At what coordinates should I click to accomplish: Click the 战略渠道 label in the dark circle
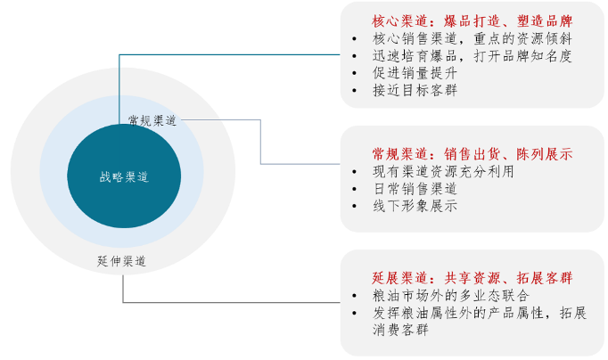point(124,177)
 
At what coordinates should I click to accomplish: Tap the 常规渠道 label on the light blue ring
point(152,120)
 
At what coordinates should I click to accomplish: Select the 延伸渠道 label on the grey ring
point(122,261)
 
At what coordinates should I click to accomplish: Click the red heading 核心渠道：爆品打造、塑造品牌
point(472,20)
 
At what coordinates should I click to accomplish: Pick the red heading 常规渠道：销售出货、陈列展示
point(472,154)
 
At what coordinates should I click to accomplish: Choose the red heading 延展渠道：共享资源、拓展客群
point(472,278)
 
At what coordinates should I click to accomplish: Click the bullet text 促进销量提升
point(415,73)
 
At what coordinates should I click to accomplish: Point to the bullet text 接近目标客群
point(415,90)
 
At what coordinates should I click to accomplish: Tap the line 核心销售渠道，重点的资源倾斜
point(472,38)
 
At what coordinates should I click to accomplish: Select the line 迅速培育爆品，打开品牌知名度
point(472,56)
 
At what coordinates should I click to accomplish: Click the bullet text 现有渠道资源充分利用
point(443,171)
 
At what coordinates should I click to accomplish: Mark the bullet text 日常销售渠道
point(415,189)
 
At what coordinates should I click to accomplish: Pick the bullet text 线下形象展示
point(415,206)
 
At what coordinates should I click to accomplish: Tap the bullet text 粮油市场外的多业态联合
point(450,295)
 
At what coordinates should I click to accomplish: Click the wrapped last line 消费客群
point(400,330)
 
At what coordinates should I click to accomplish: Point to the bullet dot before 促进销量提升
point(354,73)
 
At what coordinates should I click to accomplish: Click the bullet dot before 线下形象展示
point(354,206)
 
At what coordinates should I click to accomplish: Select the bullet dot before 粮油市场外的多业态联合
point(354,296)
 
